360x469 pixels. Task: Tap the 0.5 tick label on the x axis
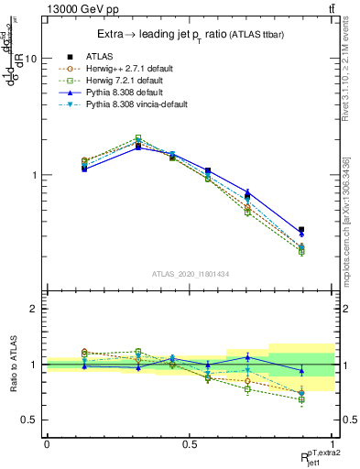pyautogui.click(x=190, y=444)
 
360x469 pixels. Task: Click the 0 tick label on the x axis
pyautogui.click(x=47, y=444)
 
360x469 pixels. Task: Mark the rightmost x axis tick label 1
pyautogui.click(x=333, y=444)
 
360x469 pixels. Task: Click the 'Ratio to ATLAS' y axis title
pyautogui.click(x=12, y=365)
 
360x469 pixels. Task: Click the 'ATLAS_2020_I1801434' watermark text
pyautogui.click(x=191, y=273)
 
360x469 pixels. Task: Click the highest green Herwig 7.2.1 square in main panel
pyautogui.click(x=138, y=138)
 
